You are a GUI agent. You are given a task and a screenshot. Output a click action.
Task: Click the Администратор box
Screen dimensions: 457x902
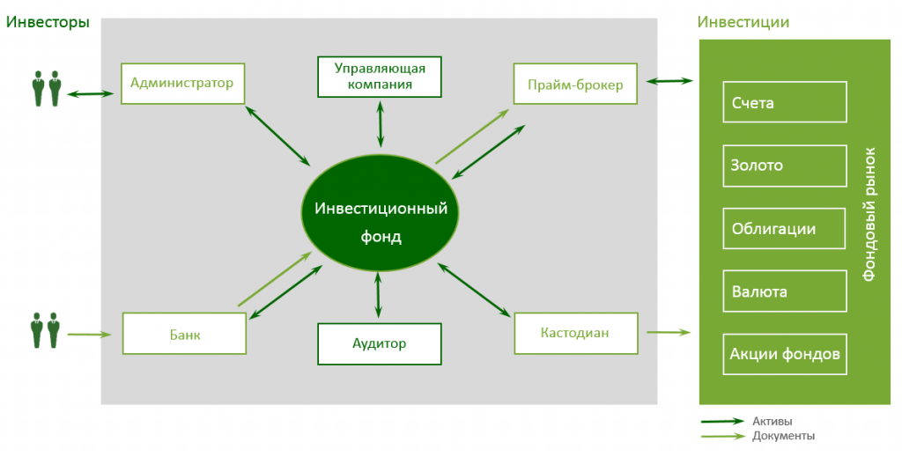(x=181, y=84)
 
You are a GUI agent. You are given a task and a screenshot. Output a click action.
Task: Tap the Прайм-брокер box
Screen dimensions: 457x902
(x=575, y=85)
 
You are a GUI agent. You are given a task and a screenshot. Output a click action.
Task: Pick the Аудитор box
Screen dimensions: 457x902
(x=380, y=343)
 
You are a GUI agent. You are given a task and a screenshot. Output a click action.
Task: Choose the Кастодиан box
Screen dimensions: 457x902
(x=575, y=333)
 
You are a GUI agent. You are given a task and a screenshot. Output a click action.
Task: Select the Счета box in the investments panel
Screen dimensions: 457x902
(x=784, y=102)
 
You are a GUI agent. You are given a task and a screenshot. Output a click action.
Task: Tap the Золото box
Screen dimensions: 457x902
(x=784, y=165)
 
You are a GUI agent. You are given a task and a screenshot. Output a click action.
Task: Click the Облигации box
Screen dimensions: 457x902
(x=784, y=228)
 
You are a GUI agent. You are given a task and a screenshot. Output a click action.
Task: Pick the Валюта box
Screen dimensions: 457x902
(x=784, y=291)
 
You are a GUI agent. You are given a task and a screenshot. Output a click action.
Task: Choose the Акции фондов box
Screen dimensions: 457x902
(x=784, y=354)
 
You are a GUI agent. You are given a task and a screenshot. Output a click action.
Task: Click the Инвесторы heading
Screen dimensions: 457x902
(x=48, y=22)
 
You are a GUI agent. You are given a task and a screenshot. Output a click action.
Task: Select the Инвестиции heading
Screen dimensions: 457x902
(x=743, y=22)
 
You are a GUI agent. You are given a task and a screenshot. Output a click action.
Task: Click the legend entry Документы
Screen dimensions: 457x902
(x=783, y=436)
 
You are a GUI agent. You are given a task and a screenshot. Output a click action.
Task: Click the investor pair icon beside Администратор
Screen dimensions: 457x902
(x=47, y=88)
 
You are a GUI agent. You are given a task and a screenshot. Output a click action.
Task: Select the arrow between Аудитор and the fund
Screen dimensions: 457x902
(x=379, y=295)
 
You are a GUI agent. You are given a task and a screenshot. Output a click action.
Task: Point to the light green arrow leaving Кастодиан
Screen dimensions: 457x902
(x=668, y=332)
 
